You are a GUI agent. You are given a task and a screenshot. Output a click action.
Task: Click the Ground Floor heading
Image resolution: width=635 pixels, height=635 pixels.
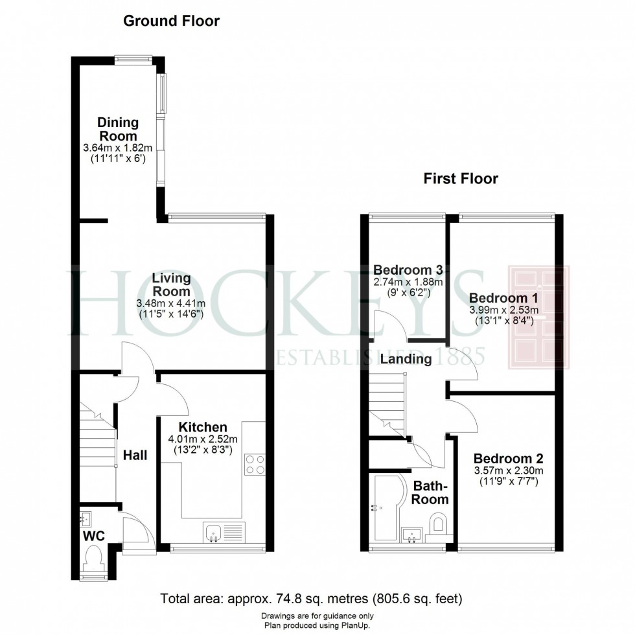click(x=171, y=21)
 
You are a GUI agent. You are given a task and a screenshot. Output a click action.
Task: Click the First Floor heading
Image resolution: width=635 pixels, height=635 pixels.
click(x=461, y=179)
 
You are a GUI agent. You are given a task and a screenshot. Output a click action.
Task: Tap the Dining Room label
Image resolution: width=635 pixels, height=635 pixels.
click(x=118, y=129)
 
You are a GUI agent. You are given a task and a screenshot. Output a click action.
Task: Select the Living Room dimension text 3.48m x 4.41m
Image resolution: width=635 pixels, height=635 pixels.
click(x=171, y=303)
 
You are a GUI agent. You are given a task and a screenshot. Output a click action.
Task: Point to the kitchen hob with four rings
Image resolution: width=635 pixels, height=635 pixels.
click(x=255, y=465)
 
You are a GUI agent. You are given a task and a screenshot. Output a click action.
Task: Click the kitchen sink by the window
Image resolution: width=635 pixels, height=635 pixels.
click(x=224, y=533)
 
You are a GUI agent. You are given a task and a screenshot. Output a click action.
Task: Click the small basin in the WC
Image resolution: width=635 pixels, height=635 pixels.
click(x=86, y=519)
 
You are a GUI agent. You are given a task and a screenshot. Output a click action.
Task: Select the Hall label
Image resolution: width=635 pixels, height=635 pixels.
click(x=135, y=455)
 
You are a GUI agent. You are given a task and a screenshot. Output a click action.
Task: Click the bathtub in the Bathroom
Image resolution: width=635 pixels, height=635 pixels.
click(x=387, y=507)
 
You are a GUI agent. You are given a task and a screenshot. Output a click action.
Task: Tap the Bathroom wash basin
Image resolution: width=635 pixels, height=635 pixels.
click(x=411, y=535)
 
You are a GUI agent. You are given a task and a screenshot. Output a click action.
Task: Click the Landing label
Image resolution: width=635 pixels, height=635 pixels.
click(x=406, y=359)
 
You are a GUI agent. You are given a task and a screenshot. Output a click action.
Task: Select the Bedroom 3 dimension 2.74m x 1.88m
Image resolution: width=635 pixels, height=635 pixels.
click(x=408, y=282)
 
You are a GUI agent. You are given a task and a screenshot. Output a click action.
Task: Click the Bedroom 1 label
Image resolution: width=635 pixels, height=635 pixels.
click(x=503, y=298)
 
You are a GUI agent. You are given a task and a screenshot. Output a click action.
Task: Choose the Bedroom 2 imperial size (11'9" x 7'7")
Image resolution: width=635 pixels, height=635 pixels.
click(x=509, y=481)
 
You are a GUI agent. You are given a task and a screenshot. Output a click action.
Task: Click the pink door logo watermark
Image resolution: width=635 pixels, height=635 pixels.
click(x=538, y=317)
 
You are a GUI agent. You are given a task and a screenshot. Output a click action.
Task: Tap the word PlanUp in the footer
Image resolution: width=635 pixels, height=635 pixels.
click(x=358, y=626)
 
